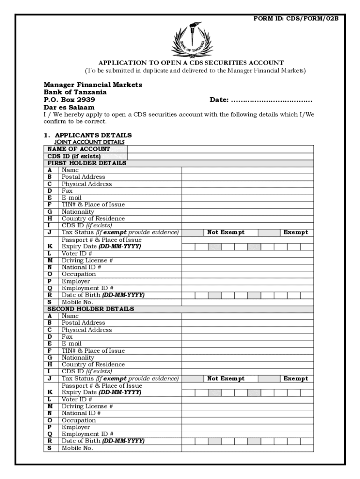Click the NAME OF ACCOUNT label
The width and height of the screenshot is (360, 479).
[x=79, y=149]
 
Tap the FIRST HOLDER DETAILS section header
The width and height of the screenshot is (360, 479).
[x=86, y=163]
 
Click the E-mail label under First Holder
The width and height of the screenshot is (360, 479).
[x=72, y=198]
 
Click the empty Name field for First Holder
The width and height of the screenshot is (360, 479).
[x=247, y=170]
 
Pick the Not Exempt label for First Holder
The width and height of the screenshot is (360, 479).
[x=226, y=232]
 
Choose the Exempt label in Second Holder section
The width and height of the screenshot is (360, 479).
[x=295, y=378]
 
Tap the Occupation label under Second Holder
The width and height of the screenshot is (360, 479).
[x=79, y=420]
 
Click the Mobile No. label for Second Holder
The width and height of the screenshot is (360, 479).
[x=77, y=448]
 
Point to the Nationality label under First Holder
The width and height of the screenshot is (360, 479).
[x=78, y=212]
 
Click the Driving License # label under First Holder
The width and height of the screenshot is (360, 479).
[x=87, y=260]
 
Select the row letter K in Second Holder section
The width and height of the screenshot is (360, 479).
[x=50, y=392]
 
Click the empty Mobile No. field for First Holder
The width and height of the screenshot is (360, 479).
[x=247, y=302]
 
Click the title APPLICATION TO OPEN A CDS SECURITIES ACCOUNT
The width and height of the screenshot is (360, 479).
[x=191, y=63]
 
